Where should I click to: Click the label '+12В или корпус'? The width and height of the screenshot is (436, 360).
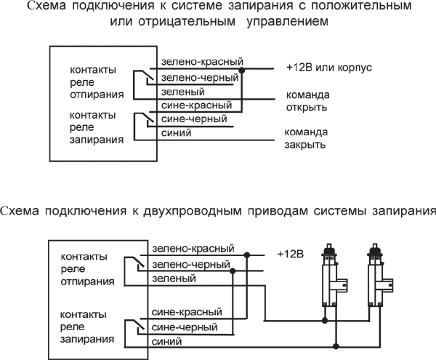coord(329,68)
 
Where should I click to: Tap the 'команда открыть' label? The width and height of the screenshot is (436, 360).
coord(307,101)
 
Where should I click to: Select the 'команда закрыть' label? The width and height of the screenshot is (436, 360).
coord(306,138)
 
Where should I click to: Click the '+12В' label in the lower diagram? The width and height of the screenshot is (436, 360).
coord(290,254)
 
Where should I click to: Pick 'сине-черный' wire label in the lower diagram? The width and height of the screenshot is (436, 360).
coord(185,327)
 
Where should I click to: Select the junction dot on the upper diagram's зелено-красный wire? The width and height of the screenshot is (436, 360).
coord(243,71)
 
